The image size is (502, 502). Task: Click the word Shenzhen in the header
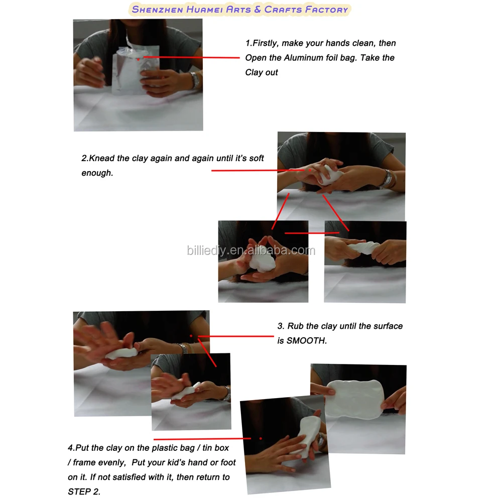pos(157,10)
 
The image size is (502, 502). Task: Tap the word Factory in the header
pos(326,10)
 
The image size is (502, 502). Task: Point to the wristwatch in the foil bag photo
pos(194,80)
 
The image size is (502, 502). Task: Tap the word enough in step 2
pos(97,173)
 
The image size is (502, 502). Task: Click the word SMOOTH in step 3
pos(306,341)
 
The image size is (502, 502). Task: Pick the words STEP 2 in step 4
pos(84,492)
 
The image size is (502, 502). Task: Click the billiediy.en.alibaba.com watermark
pos(251,250)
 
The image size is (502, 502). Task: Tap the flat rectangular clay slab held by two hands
pos(354,399)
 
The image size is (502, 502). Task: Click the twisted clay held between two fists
pos(363,247)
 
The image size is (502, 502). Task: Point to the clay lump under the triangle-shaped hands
pos(262,260)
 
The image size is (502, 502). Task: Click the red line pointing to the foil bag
pos(191,57)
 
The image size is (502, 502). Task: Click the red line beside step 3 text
pos(236,336)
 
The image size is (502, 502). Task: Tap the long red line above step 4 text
pos(202,439)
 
